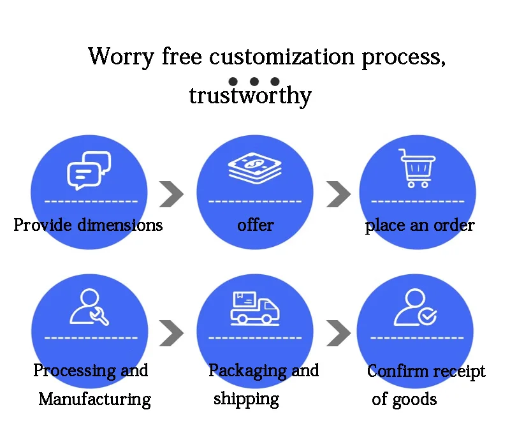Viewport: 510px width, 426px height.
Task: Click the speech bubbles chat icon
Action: (x=89, y=170)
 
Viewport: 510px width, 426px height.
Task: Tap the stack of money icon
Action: (x=254, y=168)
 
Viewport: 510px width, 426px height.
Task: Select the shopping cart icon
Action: (x=418, y=168)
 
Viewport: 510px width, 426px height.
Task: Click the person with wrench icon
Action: (x=89, y=307)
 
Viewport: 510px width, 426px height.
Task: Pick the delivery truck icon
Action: (x=255, y=307)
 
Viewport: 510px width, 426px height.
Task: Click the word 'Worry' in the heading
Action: (x=121, y=57)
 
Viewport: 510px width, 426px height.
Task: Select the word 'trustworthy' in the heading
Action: (x=250, y=96)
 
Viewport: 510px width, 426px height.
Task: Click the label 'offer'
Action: (x=255, y=225)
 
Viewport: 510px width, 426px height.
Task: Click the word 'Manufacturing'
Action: (x=94, y=400)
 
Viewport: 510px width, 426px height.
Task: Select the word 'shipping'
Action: (x=246, y=400)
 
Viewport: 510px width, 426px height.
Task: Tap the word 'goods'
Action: (x=414, y=400)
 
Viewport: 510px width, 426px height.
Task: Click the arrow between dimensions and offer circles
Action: (x=171, y=195)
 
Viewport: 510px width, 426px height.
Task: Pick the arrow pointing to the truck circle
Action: (x=171, y=332)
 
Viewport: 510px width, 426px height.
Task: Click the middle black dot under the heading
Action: (x=254, y=82)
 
